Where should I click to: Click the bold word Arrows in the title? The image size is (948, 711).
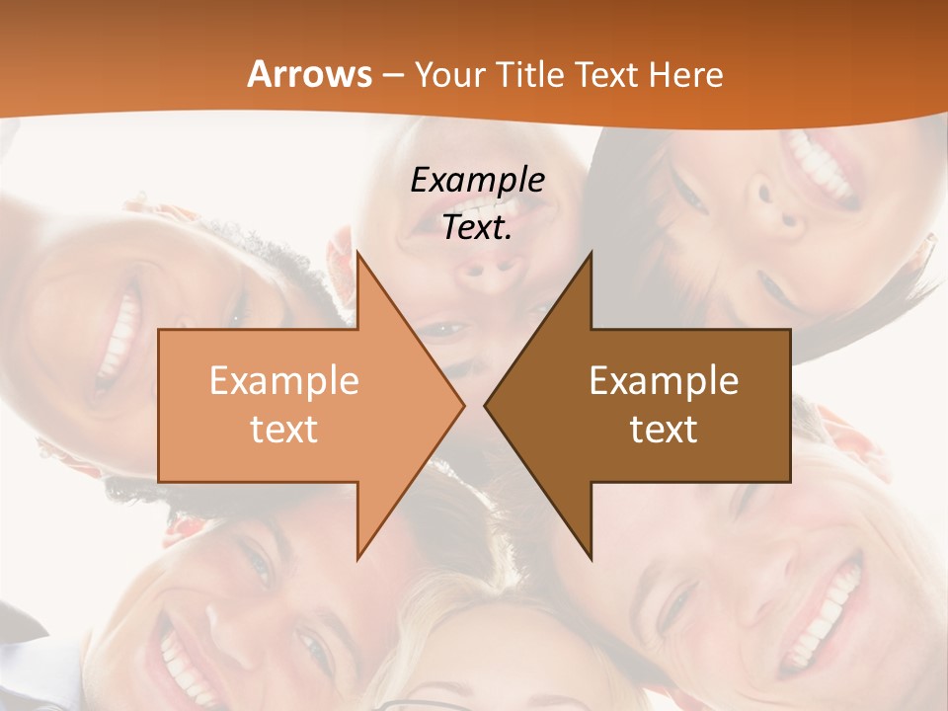(309, 74)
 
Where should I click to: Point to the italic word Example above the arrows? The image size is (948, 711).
(477, 181)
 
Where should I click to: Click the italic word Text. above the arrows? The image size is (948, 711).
(477, 228)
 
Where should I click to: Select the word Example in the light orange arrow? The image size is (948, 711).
(284, 381)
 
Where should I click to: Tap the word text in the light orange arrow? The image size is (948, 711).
(284, 429)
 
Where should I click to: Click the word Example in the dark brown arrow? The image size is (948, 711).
(664, 381)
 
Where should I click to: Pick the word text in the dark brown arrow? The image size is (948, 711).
(664, 429)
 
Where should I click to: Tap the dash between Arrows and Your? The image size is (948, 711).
(393, 75)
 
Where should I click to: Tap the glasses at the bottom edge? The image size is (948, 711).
(415, 703)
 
